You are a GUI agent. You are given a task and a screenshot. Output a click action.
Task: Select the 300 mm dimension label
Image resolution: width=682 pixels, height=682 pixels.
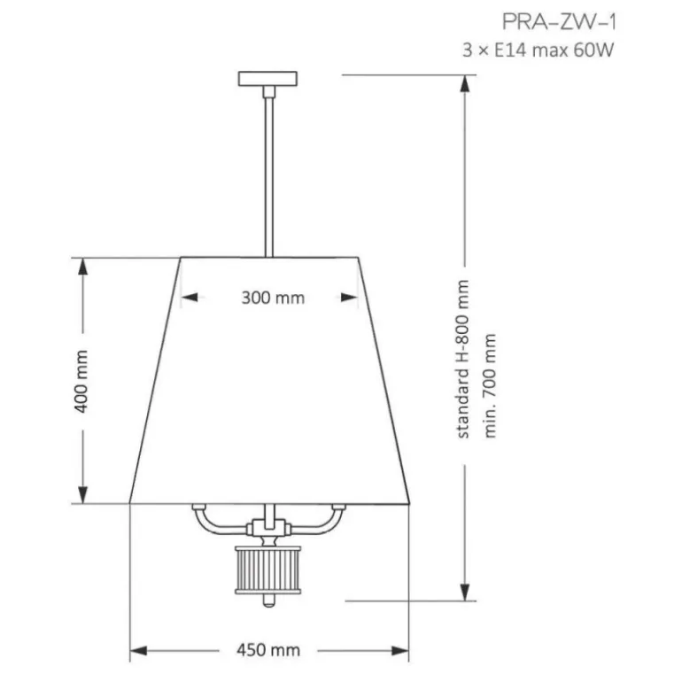[x=273, y=298]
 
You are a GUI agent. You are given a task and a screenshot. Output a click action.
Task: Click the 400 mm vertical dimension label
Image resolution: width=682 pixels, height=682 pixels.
[x=82, y=381]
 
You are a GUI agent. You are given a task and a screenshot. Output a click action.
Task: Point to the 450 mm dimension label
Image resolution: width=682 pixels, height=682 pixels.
[x=268, y=650]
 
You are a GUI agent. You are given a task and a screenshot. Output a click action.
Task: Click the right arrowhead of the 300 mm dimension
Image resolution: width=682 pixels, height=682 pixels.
[x=356, y=298]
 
